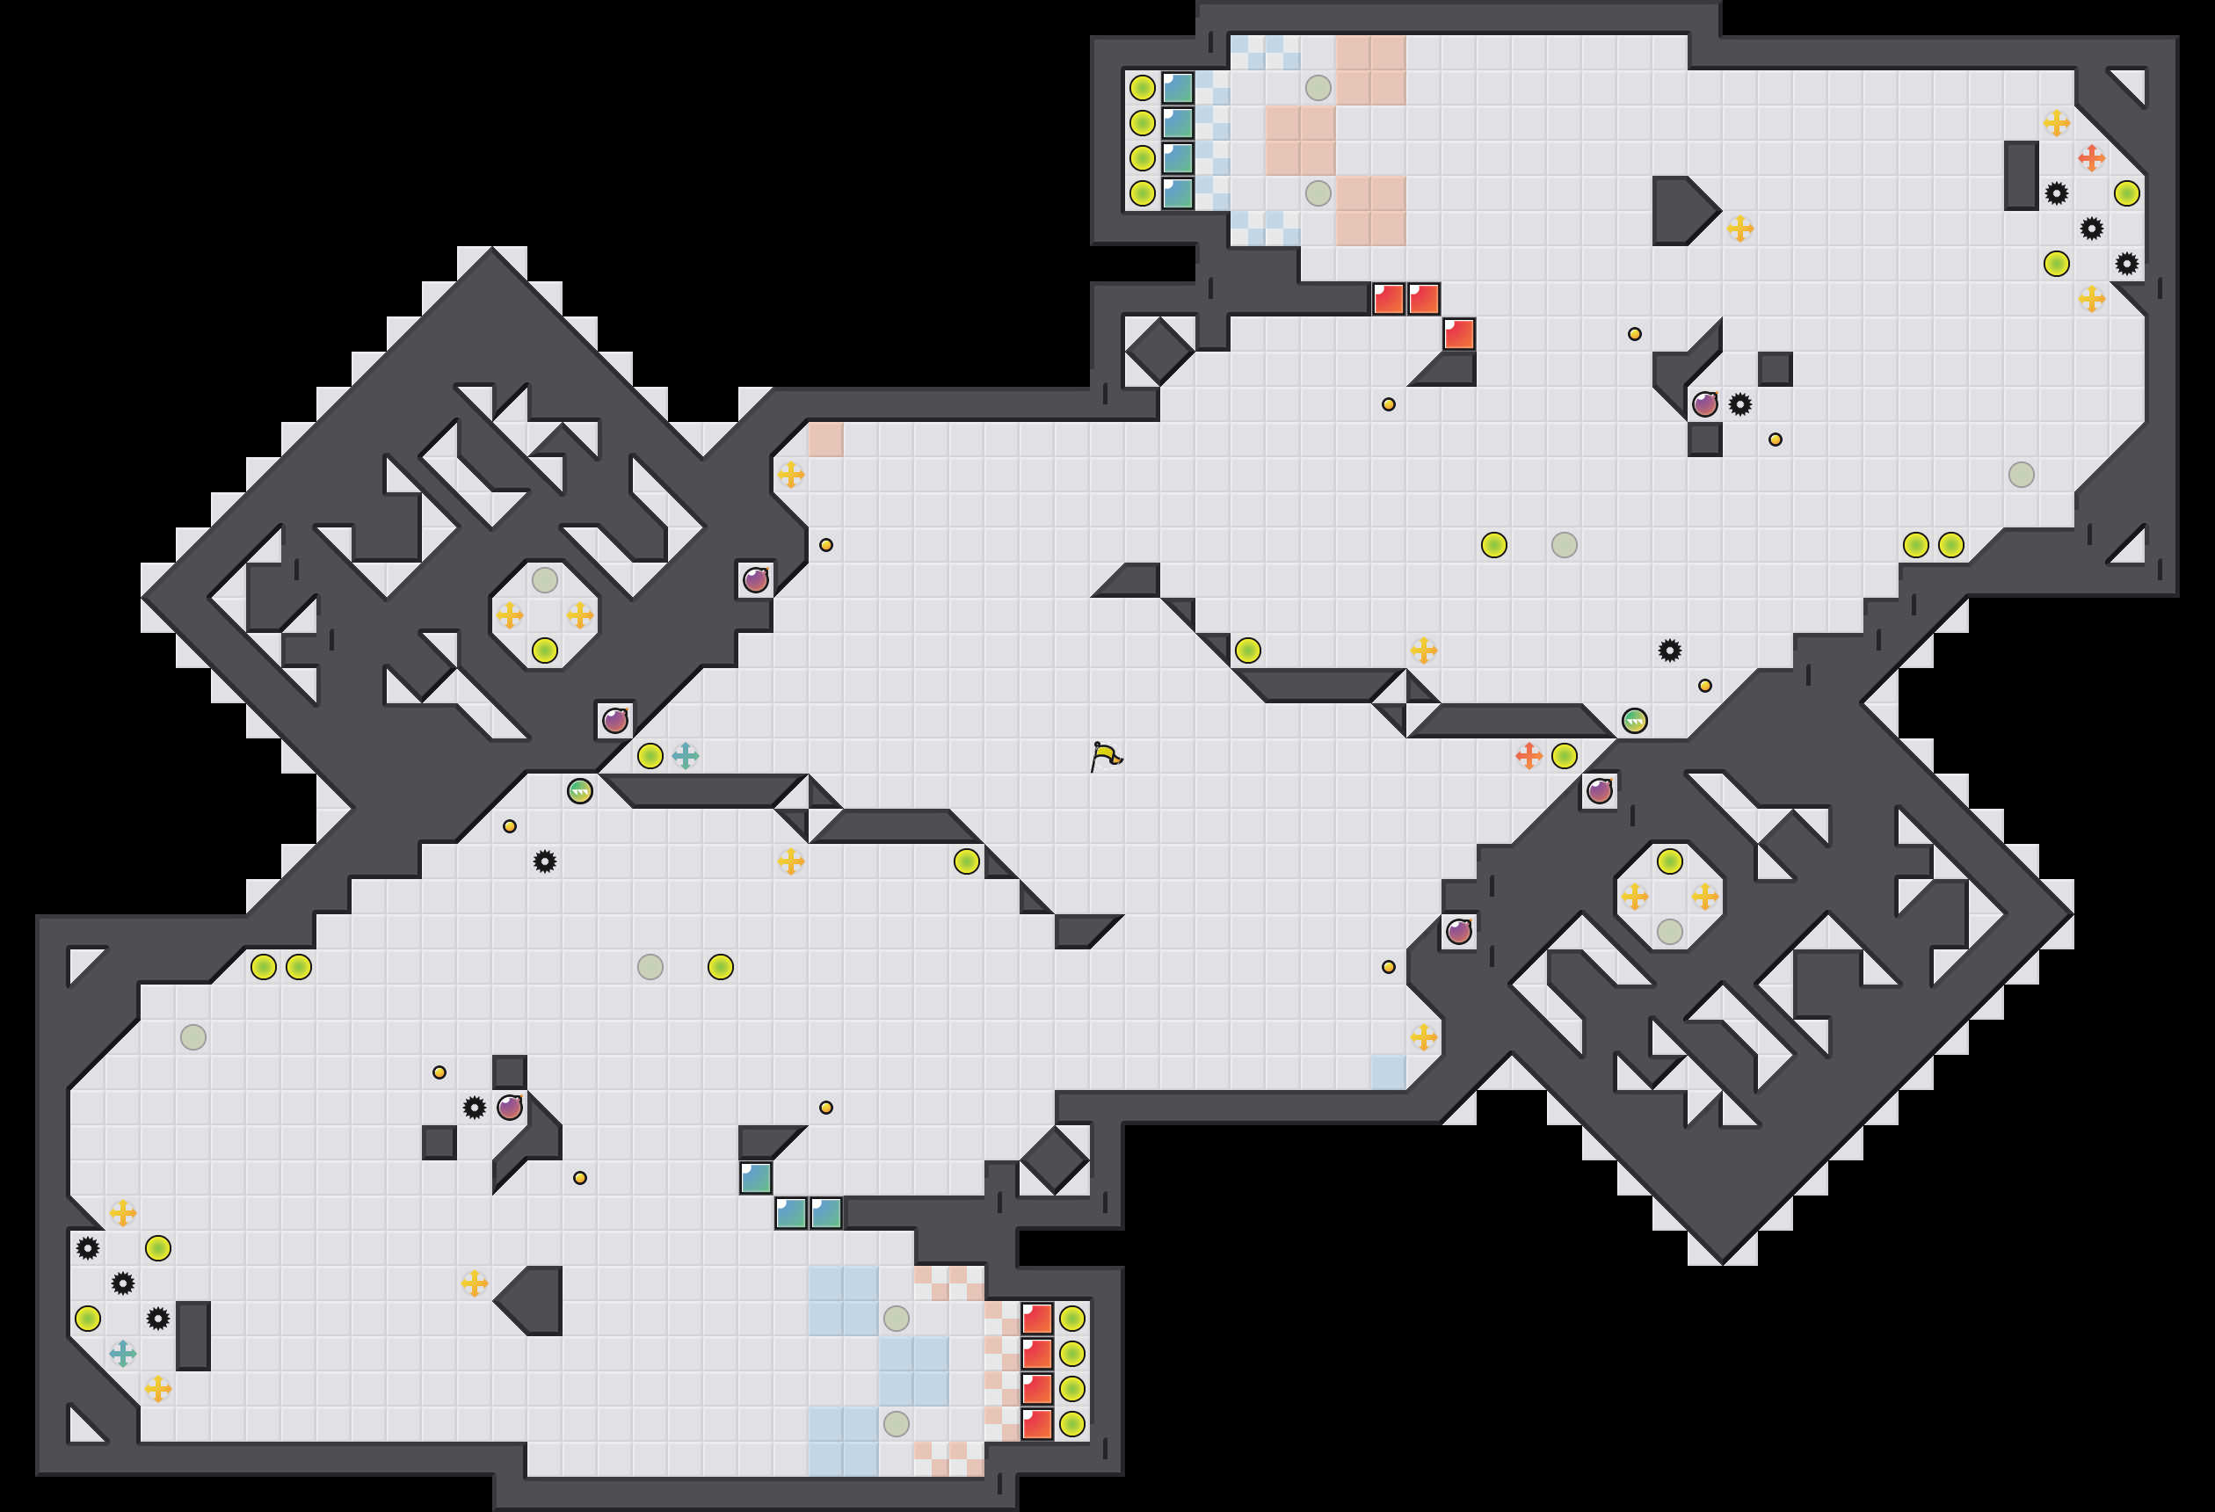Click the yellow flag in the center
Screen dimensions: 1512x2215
[x=1105, y=756]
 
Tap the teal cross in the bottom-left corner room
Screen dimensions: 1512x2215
[x=123, y=1353]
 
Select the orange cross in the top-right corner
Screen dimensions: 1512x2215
[x=2091, y=158]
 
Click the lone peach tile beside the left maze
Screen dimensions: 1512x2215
[x=825, y=440]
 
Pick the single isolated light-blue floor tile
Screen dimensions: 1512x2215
[x=1388, y=1072]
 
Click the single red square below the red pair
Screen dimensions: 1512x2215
[x=1458, y=335]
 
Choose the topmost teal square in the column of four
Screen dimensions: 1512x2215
[x=1178, y=88]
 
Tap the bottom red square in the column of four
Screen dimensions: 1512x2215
[x=1037, y=1423]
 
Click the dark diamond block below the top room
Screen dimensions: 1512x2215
[x=1159, y=351]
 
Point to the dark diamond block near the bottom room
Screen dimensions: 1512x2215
[x=1054, y=1160]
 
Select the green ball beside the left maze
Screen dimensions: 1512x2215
[x=579, y=790]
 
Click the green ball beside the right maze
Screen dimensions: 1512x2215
[x=1634, y=721]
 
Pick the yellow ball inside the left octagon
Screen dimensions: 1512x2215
[x=544, y=651]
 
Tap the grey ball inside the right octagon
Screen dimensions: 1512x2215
[x=1669, y=932]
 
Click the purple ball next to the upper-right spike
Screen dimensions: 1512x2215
[x=1704, y=404]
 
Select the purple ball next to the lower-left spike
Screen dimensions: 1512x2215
[x=510, y=1107]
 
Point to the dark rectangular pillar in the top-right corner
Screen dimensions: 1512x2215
[x=2021, y=176]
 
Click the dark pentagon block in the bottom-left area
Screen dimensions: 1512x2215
[x=534, y=1300]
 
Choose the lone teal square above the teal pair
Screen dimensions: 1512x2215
[x=756, y=1177]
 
